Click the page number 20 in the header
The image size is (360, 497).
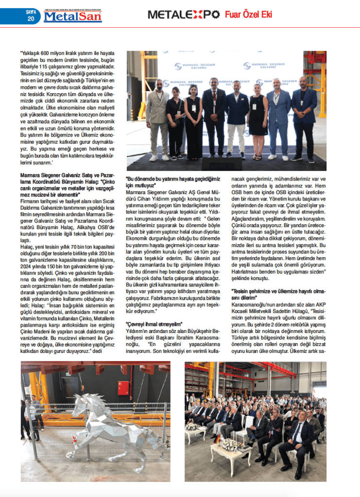coord(31,19)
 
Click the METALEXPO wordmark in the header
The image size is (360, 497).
coord(184,15)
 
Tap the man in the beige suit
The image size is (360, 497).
coord(157,116)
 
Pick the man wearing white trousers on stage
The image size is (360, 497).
coord(237,121)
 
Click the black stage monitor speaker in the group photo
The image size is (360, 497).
coord(222,163)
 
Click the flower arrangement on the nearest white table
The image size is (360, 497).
coord(225,444)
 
